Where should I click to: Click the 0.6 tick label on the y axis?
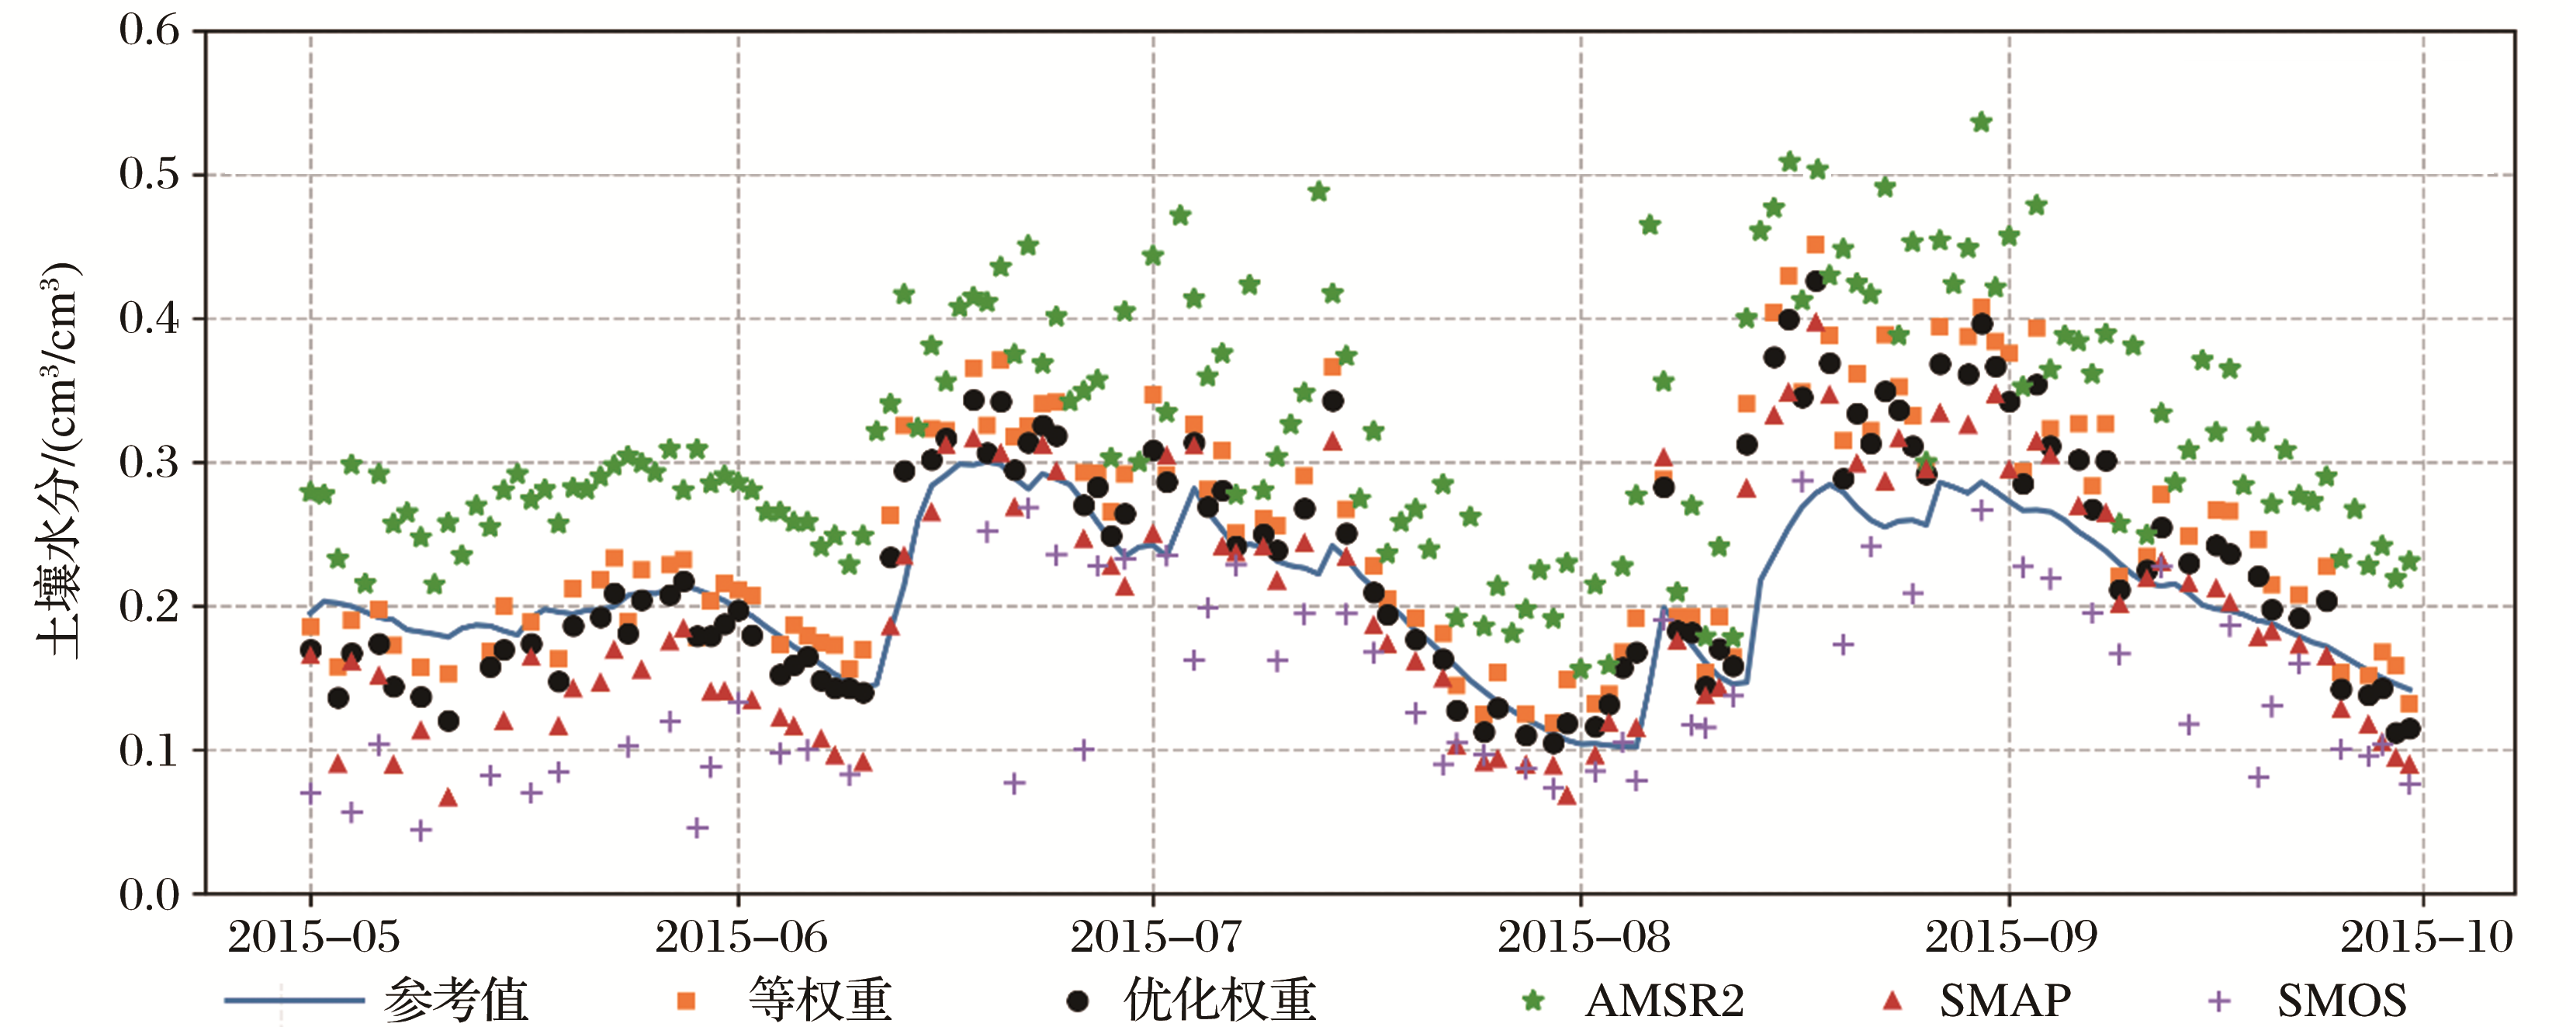coord(150,29)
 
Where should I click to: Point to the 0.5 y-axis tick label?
coord(150,175)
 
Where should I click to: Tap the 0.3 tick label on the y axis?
coord(150,462)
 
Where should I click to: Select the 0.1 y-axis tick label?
coord(150,750)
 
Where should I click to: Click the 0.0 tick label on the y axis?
coord(150,894)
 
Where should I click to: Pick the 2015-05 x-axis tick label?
coord(313,938)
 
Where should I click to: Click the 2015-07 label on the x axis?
coord(1155,938)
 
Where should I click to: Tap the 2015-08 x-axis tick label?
coord(1583,938)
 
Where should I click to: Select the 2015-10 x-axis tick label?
coord(2426,938)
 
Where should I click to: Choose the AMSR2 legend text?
coord(1664,1000)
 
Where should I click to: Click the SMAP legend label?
coord(2005,1000)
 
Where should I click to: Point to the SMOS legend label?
coord(2341,1000)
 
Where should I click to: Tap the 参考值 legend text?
coord(455,1000)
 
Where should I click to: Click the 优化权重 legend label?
coord(1221,1000)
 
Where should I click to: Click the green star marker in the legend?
coord(1533,1000)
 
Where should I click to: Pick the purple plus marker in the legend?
coord(2219,1000)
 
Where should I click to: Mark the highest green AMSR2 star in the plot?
coord(1980,123)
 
